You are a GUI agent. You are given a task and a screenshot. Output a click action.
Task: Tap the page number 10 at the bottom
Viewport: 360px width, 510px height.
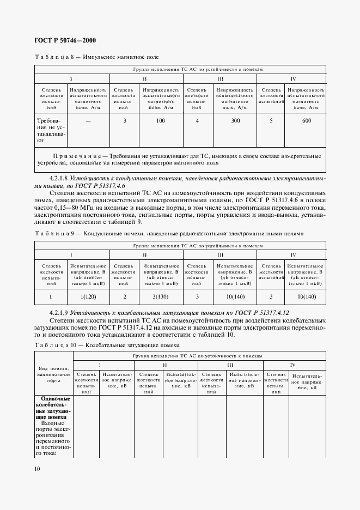[x=38, y=469]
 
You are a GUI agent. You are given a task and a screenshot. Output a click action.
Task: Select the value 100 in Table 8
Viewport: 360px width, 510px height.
[x=160, y=121]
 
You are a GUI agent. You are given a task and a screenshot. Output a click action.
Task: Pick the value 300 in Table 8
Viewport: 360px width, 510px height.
[x=235, y=121]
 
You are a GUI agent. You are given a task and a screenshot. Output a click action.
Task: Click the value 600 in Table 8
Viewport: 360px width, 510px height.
[x=306, y=121]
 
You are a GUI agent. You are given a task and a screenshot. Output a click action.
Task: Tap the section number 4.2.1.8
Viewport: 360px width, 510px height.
[x=58, y=178]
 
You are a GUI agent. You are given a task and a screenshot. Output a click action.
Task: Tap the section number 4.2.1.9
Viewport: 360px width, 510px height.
[x=58, y=314]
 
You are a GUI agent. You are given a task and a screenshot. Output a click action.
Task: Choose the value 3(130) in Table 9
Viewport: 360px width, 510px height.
[x=160, y=296]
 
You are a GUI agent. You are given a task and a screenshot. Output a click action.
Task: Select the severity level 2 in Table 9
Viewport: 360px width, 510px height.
[x=125, y=296]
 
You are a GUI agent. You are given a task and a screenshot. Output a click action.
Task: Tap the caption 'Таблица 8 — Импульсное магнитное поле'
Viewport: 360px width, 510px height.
[x=96, y=57]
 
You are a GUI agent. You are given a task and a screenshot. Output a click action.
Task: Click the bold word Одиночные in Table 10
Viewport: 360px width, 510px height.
[x=54, y=399]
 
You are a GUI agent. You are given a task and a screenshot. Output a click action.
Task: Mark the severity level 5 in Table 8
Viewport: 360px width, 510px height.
[x=271, y=121]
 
